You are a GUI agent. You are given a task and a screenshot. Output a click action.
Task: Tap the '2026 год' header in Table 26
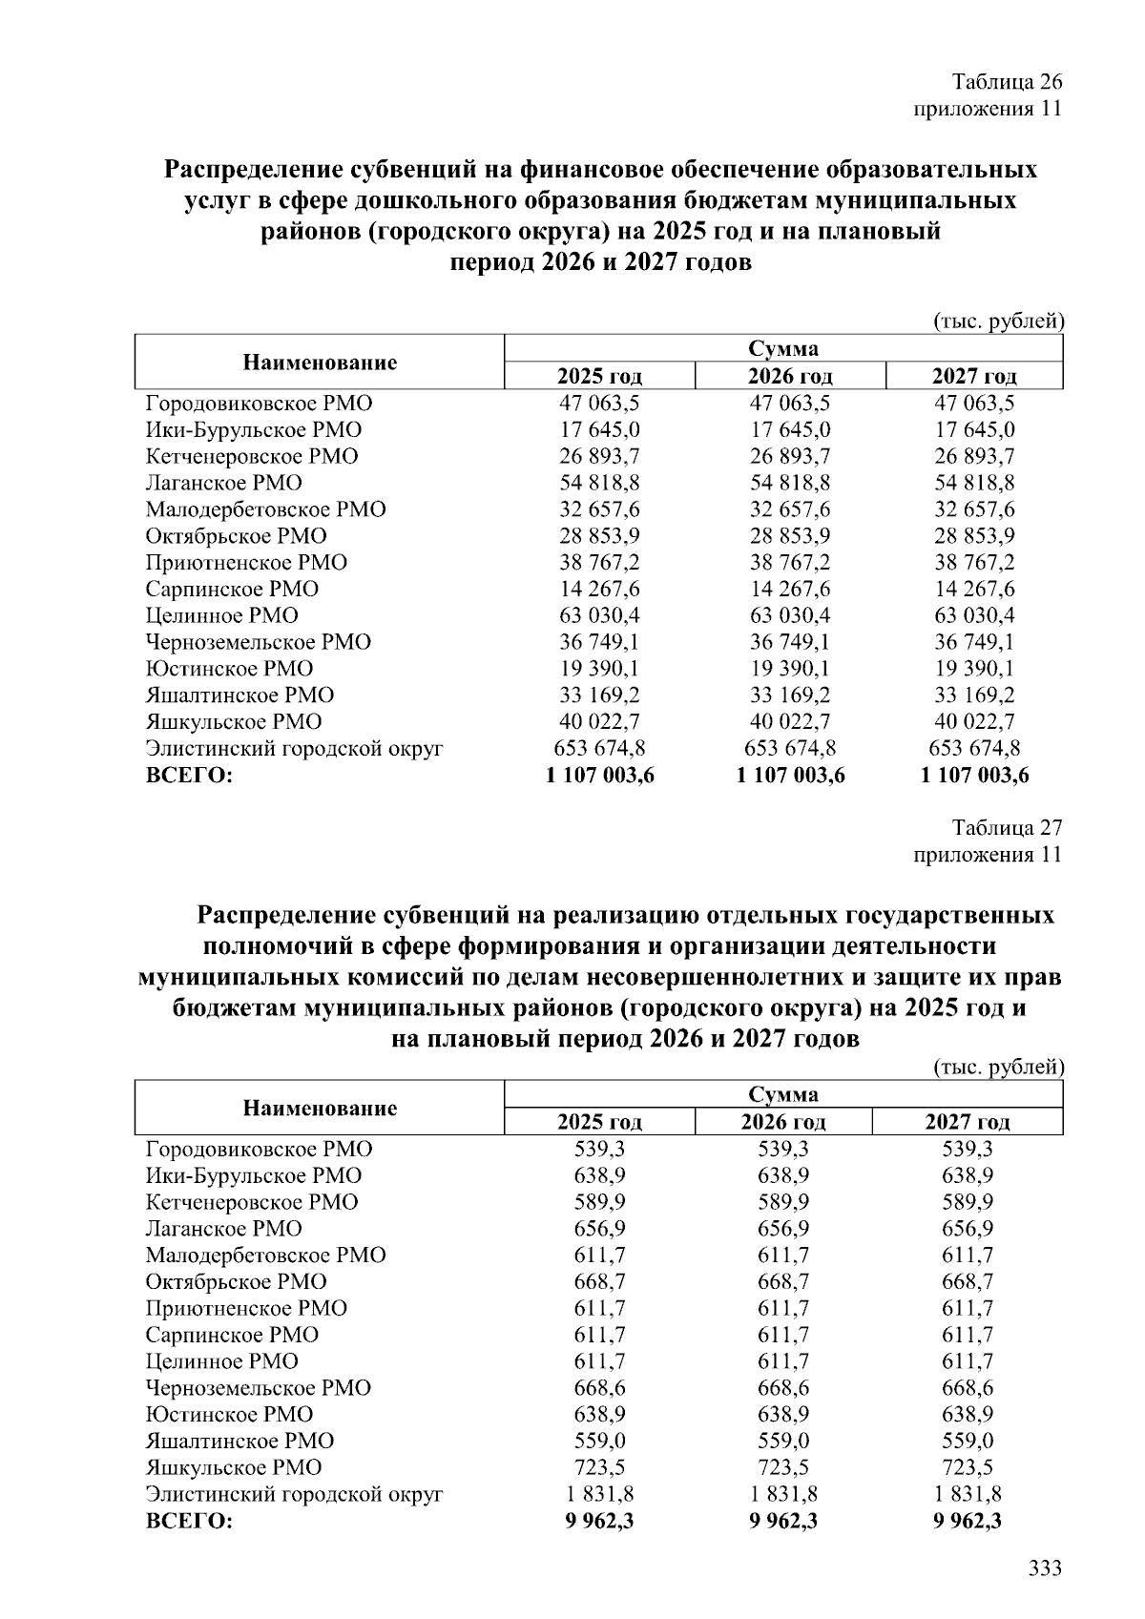click(790, 376)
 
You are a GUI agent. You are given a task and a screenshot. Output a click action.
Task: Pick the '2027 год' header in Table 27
click(967, 1122)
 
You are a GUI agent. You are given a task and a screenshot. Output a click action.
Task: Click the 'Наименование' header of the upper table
click(320, 363)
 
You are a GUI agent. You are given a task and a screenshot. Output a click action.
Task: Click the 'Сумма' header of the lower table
click(782, 1094)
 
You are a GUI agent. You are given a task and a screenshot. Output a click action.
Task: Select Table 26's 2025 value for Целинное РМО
click(599, 615)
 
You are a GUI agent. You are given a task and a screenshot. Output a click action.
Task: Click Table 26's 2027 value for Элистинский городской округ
click(974, 748)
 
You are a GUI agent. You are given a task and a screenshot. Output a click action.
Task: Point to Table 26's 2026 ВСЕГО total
click(790, 776)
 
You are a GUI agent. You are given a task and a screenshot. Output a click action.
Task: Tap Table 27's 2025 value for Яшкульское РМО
click(599, 1467)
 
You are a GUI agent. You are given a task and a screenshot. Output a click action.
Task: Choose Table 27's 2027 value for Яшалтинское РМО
click(967, 1441)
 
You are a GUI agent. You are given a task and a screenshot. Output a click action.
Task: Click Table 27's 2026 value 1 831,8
click(782, 1494)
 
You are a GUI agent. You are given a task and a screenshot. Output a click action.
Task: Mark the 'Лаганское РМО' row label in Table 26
click(223, 483)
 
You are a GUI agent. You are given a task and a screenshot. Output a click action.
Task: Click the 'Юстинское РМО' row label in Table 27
click(229, 1414)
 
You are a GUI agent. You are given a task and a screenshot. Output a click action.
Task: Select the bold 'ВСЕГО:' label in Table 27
click(189, 1521)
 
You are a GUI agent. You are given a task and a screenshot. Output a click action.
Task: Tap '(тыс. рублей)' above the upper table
click(997, 322)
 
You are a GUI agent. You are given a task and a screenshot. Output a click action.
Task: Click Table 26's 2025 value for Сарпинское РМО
click(599, 589)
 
